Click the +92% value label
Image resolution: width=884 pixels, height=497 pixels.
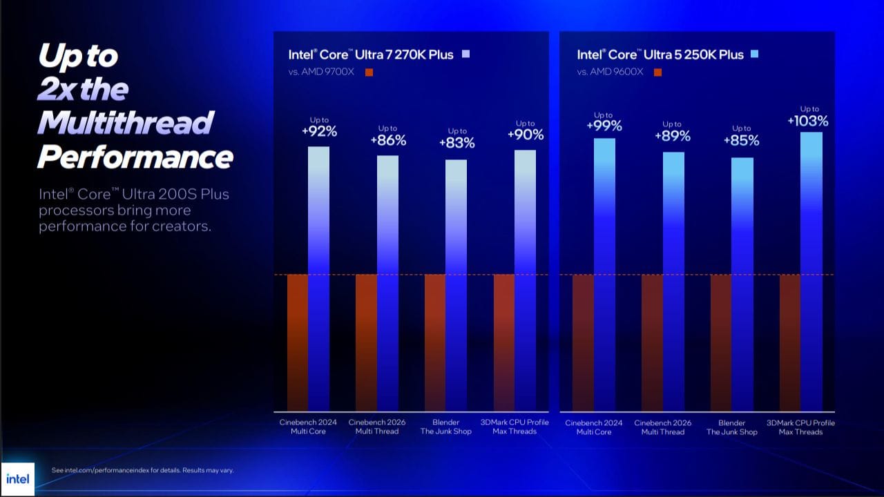(x=318, y=131)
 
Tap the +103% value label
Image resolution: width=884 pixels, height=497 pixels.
(x=808, y=121)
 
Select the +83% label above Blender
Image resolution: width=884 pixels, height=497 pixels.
(x=457, y=143)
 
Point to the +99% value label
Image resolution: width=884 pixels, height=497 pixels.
(x=604, y=126)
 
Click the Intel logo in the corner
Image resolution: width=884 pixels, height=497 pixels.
(x=18, y=478)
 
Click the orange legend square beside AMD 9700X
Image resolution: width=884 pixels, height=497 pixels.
(x=369, y=72)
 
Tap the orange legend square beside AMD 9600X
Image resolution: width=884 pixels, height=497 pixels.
(x=657, y=72)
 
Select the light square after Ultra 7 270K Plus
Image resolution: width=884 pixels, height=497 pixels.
(x=465, y=54)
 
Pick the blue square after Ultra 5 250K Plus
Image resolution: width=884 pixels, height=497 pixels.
(x=754, y=54)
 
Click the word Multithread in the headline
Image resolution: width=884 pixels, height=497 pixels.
(x=125, y=123)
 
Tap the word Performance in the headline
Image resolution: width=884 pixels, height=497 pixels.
(x=135, y=157)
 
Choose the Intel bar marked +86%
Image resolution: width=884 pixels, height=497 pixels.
(x=387, y=283)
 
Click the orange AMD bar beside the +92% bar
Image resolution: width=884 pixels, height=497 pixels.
(x=298, y=342)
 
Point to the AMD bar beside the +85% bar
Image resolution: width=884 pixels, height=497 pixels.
(x=721, y=342)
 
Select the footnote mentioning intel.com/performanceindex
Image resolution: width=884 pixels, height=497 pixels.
(x=143, y=470)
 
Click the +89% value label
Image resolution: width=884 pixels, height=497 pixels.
(x=673, y=136)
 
